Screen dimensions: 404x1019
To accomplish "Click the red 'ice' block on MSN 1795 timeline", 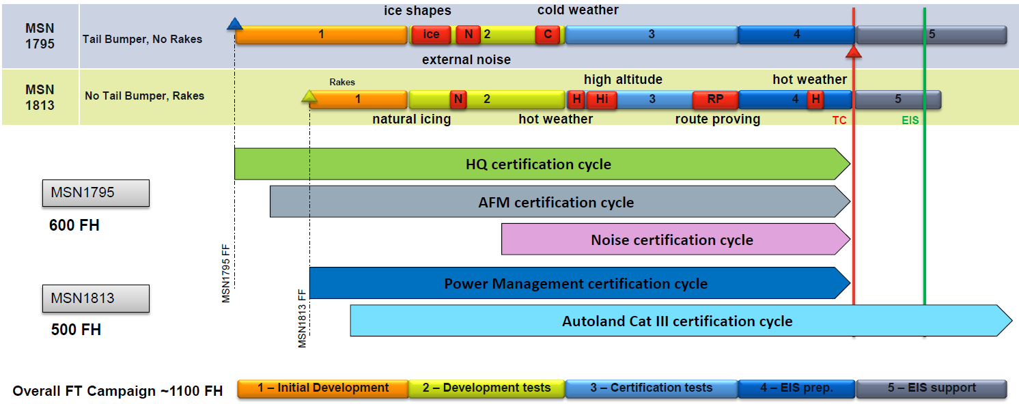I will pyautogui.click(x=431, y=35).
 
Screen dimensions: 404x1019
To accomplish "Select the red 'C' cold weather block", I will pyautogui.click(x=548, y=35).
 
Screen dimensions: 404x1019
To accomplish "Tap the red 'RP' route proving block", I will pyautogui.click(x=715, y=100).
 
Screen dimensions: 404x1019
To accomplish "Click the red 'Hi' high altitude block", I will pyautogui.click(x=602, y=100).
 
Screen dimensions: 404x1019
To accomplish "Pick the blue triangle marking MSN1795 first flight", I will pyautogui.click(x=235, y=25).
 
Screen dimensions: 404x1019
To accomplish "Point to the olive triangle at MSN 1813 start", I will pyautogui.click(x=309, y=97).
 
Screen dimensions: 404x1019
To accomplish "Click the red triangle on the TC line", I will pyautogui.click(x=854, y=52).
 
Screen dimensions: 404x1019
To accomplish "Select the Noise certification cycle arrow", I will pyautogui.click(x=672, y=240).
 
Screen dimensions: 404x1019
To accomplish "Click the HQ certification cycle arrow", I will pyautogui.click(x=538, y=164).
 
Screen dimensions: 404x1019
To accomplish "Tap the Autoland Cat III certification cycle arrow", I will pyautogui.click(x=677, y=321).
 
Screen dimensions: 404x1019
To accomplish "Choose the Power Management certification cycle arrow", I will pyautogui.click(x=576, y=283).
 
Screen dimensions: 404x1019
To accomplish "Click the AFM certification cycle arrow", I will pyautogui.click(x=556, y=202).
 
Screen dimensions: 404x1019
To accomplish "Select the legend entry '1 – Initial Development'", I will pyautogui.click(x=323, y=388).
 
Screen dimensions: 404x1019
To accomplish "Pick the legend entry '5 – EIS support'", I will pyautogui.click(x=932, y=388).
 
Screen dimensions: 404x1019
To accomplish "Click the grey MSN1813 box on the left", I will pyautogui.click(x=96, y=298).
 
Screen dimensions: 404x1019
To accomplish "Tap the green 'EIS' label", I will pyautogui.click(x=910, y=120).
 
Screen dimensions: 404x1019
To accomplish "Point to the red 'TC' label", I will pyautogui.click(x=839, y=120).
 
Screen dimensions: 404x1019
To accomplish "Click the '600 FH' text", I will pyautogui.click(x=74, y=225).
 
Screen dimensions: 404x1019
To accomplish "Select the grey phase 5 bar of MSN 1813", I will pyautogui.click(x=897, y=100).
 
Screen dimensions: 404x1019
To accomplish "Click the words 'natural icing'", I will pyautogui.click(x=411, y=119).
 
